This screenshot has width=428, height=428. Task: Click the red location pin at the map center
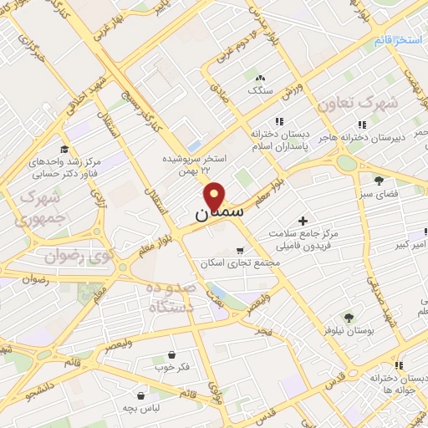215,196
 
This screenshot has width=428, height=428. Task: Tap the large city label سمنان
219,214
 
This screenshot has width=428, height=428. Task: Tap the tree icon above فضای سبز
379,180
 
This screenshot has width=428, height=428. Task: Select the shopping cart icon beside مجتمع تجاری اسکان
241,250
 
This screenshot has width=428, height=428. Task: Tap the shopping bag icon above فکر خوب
171,354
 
